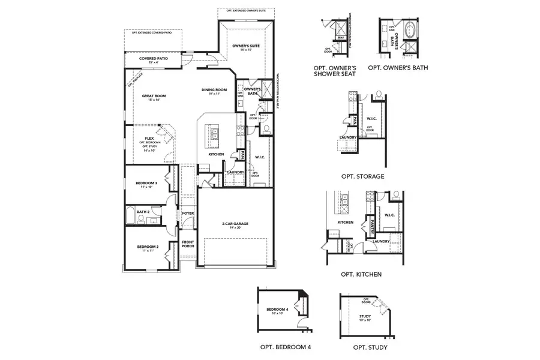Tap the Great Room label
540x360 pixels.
click(154, 96)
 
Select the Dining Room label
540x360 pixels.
click(214, 91)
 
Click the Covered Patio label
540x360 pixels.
click(153, 59)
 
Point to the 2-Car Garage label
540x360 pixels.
click(235, 224)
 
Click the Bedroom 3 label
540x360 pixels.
click(146, 183)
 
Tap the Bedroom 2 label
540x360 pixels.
click(147, 247)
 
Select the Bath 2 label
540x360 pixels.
click(142, 211)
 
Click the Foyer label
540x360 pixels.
click(188, 213)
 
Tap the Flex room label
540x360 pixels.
click(149, 138)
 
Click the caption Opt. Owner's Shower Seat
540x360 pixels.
click(335, 71)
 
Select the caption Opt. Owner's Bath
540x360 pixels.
click(398, 68)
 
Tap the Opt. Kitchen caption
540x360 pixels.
click(361, 274)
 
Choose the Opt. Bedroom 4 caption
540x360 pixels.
click(285, 347)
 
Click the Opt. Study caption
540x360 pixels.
click(370, 347)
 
